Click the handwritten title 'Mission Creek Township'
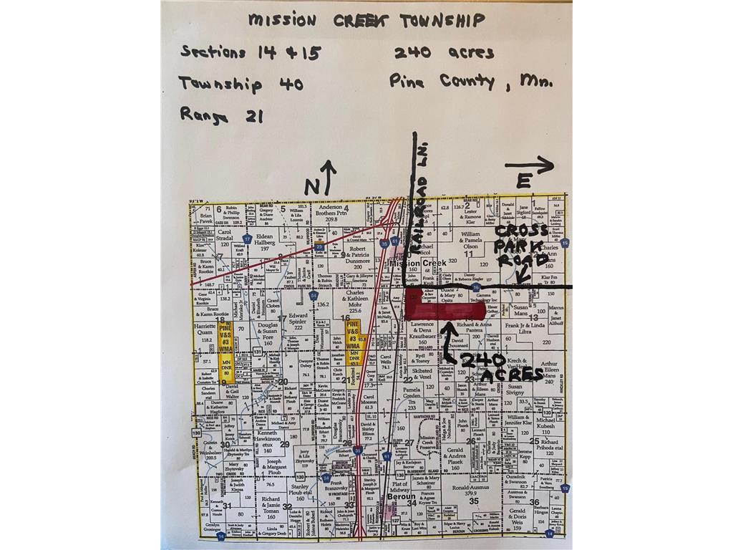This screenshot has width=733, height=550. [366, 19]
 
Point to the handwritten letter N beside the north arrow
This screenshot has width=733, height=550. [311, 185]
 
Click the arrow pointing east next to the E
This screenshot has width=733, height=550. [530, 165]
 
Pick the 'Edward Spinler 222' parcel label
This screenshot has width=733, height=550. [298, 319]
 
